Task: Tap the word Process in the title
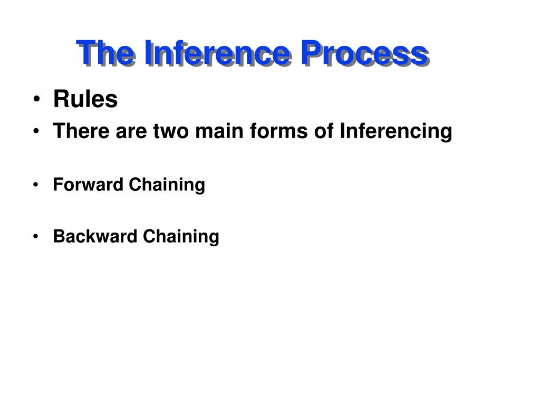point(365,53)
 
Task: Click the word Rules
point(85,99)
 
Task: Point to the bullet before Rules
point(36,99)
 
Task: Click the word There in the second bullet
point(81,131)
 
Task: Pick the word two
point(171,131)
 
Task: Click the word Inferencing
point(396,131)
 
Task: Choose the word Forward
point(88,184)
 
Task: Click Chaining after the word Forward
point(167,185)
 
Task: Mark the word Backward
point(95,236)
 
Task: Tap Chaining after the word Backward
point(181,237)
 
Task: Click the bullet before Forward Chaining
point(36,185)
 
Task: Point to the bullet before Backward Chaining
point(36,237)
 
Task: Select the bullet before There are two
point(36,131)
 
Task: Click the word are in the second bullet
point(131,132)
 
